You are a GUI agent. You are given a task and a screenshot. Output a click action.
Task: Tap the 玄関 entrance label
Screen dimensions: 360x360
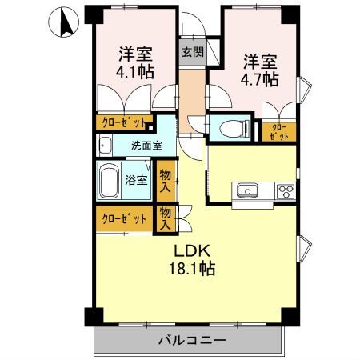click(191, 53)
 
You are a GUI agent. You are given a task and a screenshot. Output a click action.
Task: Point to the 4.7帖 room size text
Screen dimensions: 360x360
click(259, 79)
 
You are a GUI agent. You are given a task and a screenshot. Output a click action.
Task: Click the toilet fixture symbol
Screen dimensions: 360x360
click(229, 127)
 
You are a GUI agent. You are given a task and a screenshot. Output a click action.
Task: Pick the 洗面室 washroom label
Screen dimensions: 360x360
click(147, 146)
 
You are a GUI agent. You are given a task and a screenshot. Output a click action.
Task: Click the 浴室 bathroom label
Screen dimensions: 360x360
click(137, 180)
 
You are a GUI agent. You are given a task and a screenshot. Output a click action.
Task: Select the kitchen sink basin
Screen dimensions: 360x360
click(246, 190)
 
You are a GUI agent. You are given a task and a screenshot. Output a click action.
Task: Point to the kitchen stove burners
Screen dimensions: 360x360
click(285, 190)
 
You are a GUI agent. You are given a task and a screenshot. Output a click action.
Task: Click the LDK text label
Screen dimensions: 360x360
click(192, 250)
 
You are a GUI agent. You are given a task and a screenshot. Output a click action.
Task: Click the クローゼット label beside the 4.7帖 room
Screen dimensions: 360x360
click(280, 131)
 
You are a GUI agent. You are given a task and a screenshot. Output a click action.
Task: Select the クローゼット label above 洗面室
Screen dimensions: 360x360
click(123, 123)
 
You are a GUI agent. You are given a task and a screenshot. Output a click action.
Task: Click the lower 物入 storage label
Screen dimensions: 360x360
click(166, 218)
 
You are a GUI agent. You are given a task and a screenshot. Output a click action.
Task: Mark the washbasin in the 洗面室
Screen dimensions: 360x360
click(104, 146)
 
